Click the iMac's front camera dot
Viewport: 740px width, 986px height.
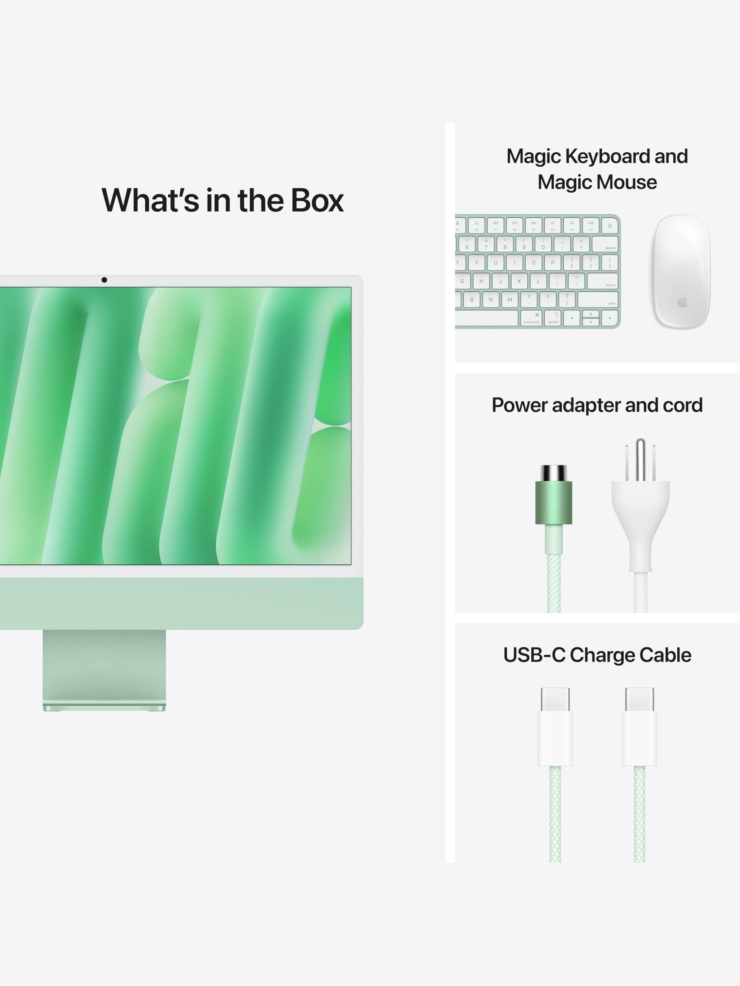[x=104, y=280]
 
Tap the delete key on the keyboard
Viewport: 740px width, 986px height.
[x=605, y=244]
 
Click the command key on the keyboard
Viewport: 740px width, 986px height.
[x=531, y=318]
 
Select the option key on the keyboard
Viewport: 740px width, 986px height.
[x=553, y=318]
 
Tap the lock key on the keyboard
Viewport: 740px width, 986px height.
[x=609, y=225]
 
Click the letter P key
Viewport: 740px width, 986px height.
[x=553, y=263]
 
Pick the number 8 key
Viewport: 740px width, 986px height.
[x=505, y=244]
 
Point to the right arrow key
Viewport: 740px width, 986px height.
[x=609, y=318]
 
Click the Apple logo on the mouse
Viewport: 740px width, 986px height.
[x=682, y=301]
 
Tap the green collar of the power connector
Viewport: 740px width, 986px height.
[x=553, y=502]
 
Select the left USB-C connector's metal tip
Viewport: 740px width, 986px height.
[x=555, y=700]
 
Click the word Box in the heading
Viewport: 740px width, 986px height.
[x=317, y=200]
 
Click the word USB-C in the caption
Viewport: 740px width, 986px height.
[x=534, y=655]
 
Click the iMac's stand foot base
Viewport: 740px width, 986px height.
[x=104, y=707]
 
